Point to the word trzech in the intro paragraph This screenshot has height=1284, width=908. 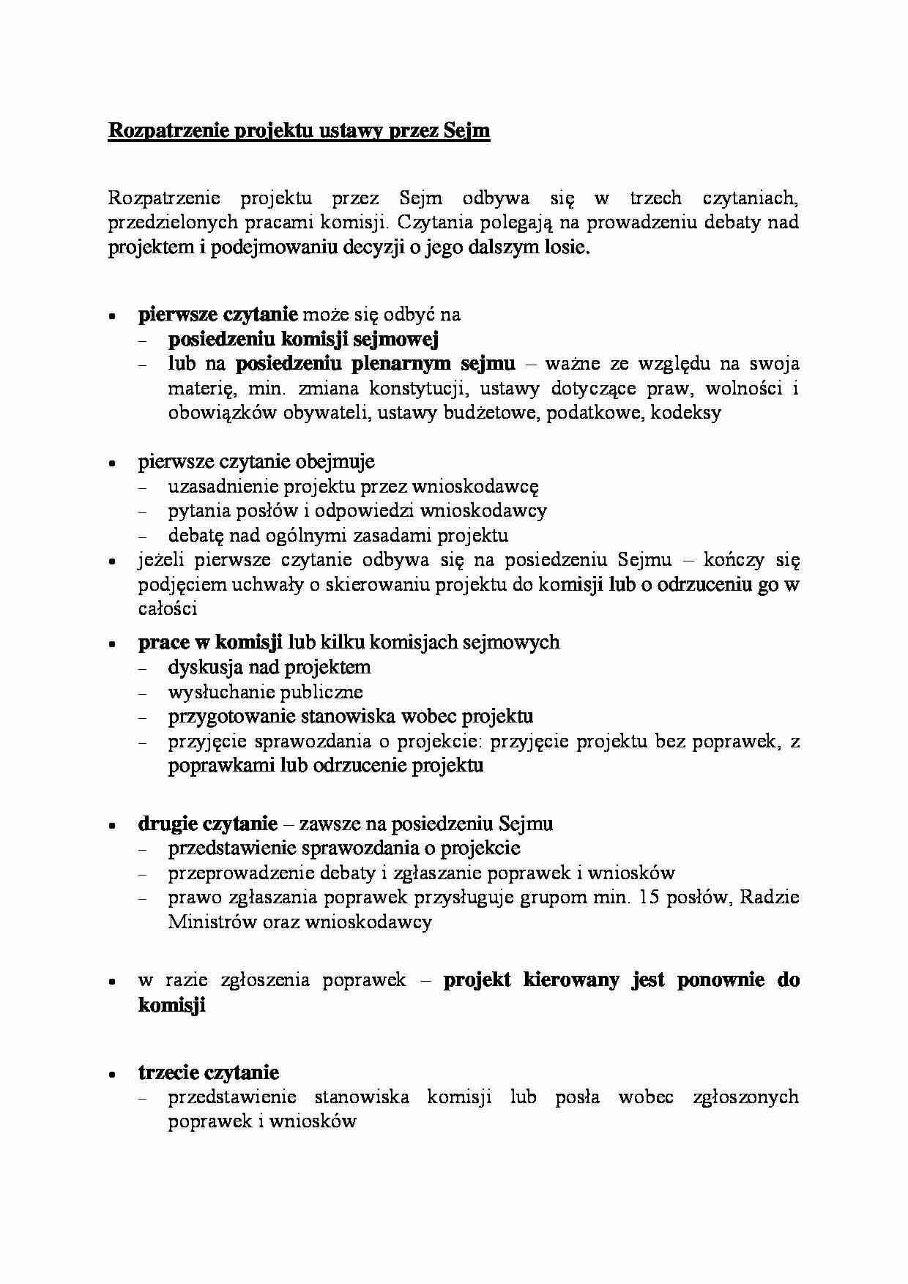655,198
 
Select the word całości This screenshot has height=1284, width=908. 167,609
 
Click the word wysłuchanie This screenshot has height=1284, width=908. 217,692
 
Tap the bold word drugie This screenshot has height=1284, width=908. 168,824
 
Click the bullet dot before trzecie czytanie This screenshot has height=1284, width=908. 112,1075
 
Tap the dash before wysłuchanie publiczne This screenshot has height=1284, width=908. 142,693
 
